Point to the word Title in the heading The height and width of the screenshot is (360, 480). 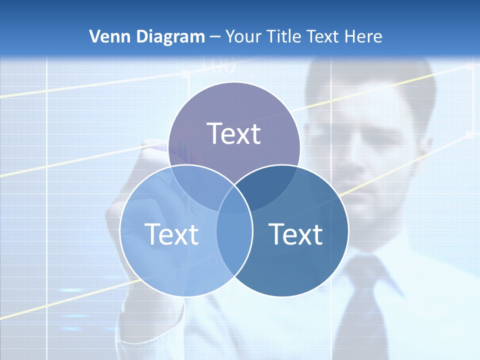[283, 36]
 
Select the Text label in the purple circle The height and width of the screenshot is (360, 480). [234, 133]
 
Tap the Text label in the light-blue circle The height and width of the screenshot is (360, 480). [171, 234]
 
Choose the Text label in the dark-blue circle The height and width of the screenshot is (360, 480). [296, 234]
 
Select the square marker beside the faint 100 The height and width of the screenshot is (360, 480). [185, 73]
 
